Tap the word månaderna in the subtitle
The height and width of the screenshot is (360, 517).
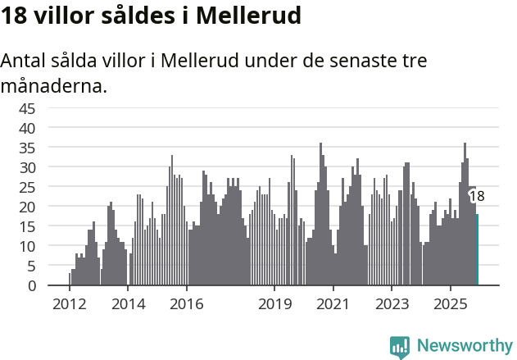click(53, 84)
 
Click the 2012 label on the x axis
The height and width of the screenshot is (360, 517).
click(69, 304)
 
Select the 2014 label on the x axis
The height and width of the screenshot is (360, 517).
click(128, 304)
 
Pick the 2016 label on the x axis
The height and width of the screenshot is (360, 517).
click(187, 304)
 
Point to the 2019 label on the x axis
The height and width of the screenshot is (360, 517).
click(274, 304)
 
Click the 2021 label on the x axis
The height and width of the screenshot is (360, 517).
click(333, 304)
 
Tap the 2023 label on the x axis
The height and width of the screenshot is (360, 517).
click(392, 304)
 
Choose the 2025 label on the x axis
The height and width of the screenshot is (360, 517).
click(451, 304)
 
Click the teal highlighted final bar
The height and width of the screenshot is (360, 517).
click(477, 250)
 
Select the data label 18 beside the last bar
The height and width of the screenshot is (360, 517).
click(477, 196)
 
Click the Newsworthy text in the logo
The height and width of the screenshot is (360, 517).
click(465, 345)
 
